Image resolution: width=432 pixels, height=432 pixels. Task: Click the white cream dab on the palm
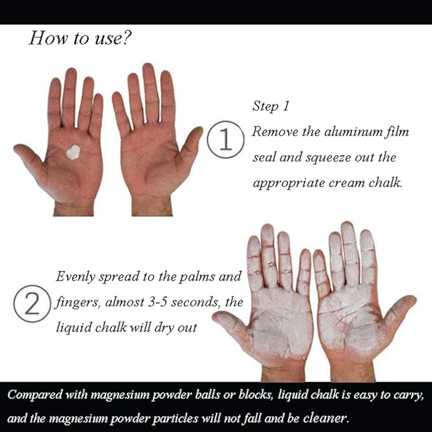73,152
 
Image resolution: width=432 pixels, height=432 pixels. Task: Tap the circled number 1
226,139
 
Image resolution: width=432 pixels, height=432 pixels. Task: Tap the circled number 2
32,303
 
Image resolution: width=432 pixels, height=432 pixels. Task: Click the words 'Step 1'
270,106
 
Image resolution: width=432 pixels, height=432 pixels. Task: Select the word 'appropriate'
289,184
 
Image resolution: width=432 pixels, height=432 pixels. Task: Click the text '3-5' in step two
157,302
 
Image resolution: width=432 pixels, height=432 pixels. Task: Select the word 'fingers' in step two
77,302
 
